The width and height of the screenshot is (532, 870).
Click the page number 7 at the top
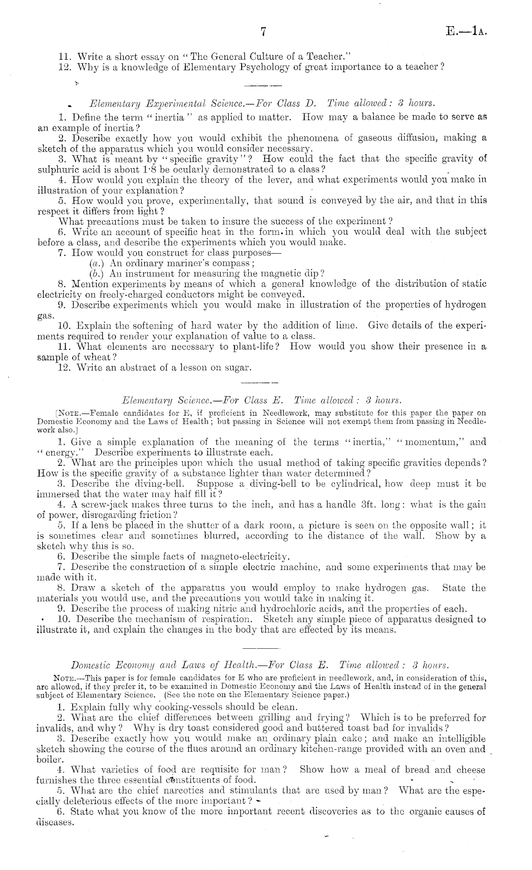pyautogui.click(x=263, y=32)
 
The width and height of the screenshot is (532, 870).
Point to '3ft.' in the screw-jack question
pyautogui.click(x=367, y=505)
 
